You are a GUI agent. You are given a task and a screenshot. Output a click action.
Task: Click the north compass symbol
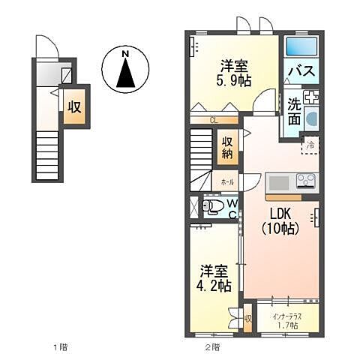[126, 70]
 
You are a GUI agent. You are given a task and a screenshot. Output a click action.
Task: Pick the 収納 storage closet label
[226, 148]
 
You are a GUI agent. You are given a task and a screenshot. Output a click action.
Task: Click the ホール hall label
[227, 182]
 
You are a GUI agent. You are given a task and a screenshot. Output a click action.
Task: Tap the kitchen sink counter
[280, 182]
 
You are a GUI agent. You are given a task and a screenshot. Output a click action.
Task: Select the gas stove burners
[306, 181]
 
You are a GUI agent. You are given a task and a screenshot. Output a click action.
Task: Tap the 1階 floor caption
[61, 346]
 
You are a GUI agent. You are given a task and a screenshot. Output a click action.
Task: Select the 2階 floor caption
[212, 346]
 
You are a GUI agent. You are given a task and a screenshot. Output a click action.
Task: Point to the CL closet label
[214, 119]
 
